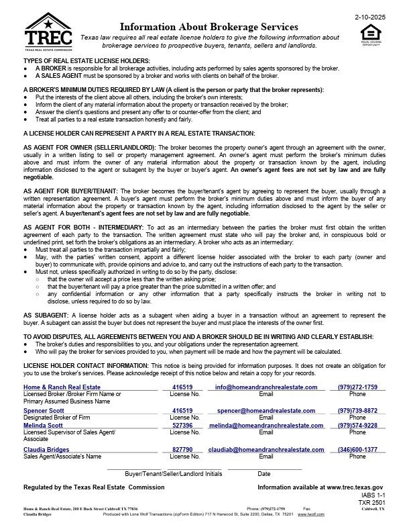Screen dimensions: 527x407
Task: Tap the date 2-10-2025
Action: pos(370,14)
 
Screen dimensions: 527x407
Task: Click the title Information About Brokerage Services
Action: pos(209,26)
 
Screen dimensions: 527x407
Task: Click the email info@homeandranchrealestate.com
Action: pos(266,387)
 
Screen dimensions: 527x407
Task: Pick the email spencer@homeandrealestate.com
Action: pos(266,410)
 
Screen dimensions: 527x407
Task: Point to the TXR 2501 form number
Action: pos(373,502)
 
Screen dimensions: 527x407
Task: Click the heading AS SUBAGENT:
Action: pos(48,315)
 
